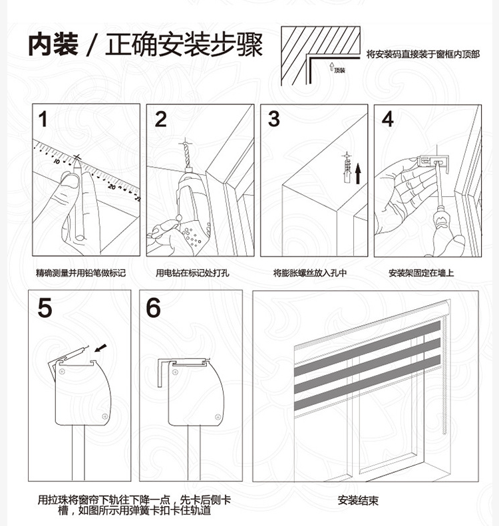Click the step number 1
point(43,120)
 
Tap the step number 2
point(161,120)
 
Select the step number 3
point(273,120)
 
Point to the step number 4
point(387,120)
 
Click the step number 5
point(45,309)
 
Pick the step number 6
point(154,309)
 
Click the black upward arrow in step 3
point(357,174)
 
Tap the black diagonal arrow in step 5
point(100,347)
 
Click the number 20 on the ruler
point(111,188)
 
